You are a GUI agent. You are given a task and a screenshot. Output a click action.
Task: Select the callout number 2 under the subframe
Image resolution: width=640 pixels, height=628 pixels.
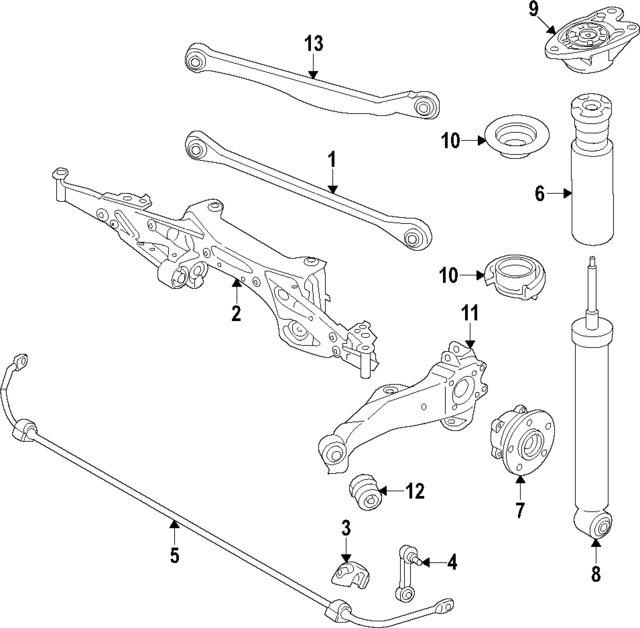pyautogui.click(x=236, y=314)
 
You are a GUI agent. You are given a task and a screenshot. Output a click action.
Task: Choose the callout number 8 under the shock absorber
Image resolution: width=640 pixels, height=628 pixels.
pyautogui.click(x=595, y=574)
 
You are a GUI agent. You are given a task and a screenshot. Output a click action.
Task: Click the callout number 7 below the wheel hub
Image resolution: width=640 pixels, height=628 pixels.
pyautogui.click(x=520, y=511)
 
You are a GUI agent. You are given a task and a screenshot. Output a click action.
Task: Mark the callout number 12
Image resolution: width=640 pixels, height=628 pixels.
pyautogui.click(x=415, y=491)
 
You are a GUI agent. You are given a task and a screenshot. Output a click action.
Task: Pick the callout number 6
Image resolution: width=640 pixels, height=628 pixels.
pyautogui.click(x=539, y=194)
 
